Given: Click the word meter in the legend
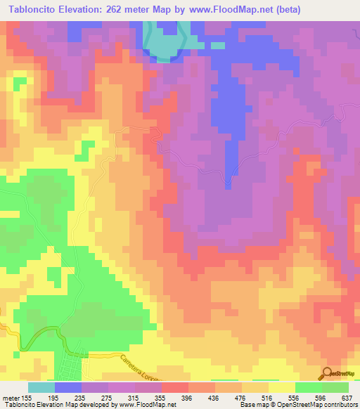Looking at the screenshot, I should click(x=11, y=397).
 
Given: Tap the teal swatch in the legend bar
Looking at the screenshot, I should click(x=41, y=387).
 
